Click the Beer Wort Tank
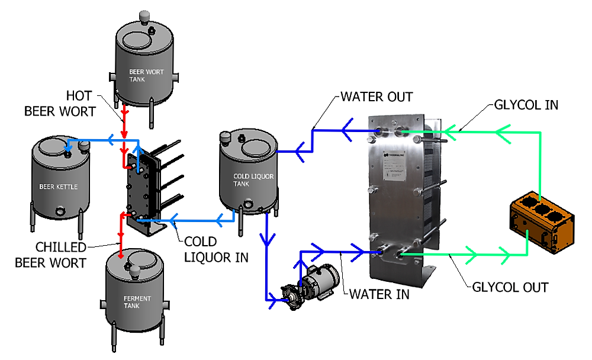[144, 65]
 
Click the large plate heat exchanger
[403, 195]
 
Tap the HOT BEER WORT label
[60, 103]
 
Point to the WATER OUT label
[377, 96]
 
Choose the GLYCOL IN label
[525, 105]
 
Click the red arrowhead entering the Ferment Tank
[121, 255]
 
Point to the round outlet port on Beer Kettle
[59, 211]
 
